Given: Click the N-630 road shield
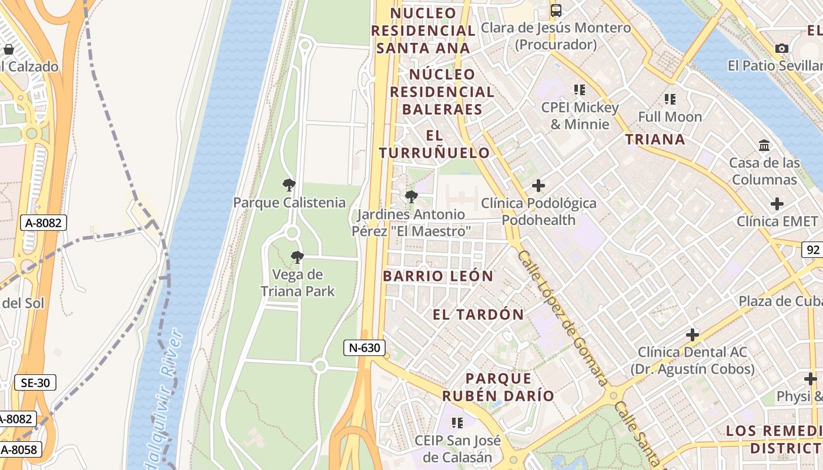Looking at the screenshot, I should tap(364, 348).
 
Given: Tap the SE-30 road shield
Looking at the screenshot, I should tap(35, 383).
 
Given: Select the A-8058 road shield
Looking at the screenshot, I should tap(19, 450).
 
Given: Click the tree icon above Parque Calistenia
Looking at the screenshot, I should tap(289, 185).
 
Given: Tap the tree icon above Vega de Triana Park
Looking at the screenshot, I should tap(297, 257).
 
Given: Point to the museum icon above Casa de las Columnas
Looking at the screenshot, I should tap(764, 145).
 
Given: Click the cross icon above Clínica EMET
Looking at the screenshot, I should tap(777, 204).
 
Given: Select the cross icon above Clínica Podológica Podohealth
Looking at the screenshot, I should tap(538, 186).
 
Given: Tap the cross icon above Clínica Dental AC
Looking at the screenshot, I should tap(692, 335).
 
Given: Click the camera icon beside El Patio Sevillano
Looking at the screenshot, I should tap(781, 48).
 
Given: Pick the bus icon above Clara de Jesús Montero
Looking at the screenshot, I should tap(556, 10).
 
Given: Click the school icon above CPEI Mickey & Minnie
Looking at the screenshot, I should tap(580, 90).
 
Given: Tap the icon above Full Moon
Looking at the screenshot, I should tap(670, 99).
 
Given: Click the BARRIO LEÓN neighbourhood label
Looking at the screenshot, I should tap(438, 276).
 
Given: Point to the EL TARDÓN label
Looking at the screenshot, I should tap(478, 314).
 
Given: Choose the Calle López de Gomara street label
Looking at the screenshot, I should tap(562, 318).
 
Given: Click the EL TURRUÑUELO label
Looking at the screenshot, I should tap(434, 145).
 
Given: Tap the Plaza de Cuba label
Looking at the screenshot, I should tap(780, 301).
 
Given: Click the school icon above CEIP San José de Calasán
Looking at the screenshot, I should tap(457, 422).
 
